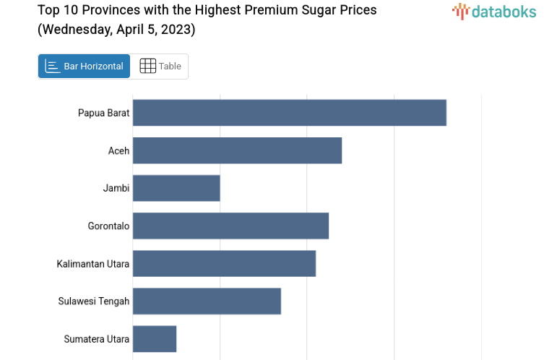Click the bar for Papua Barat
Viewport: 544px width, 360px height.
[289, 113]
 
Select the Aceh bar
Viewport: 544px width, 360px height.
[237, 150]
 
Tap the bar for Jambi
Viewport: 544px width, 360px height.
[176, 188]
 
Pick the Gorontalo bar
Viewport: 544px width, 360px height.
[230, 226]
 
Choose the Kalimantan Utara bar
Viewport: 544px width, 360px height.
[224, 263]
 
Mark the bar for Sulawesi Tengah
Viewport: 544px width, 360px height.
[207, 301]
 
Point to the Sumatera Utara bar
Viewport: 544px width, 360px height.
[155, 338]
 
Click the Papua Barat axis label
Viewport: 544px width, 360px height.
[103, 113]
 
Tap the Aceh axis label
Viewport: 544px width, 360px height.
[118, 150]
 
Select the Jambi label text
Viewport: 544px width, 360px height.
[116, 188]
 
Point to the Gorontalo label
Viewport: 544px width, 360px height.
[108, 226]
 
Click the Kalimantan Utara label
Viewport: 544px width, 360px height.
[93, 263]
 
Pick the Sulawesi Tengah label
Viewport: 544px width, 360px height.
[94, 301]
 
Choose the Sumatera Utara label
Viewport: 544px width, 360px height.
[96, 338]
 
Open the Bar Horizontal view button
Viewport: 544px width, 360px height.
[84, 67]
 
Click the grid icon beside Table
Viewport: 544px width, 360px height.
[147, 67]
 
